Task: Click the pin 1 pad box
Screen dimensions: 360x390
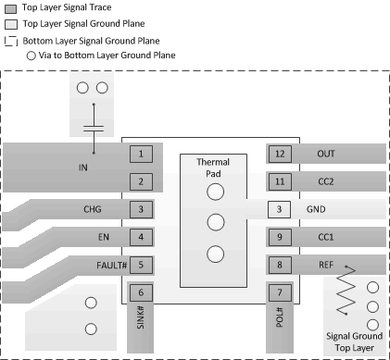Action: (140, 153)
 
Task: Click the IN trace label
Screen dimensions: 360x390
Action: (82, 168)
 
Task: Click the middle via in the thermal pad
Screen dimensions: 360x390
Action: (215, 222)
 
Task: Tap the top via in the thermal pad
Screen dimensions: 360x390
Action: (215, 192)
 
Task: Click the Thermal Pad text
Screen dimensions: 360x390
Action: (215, 167)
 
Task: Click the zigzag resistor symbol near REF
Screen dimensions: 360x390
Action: (344, 295)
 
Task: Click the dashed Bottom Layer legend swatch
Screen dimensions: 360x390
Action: (10, 42)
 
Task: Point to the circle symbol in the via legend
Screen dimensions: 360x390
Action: (32, 56)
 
